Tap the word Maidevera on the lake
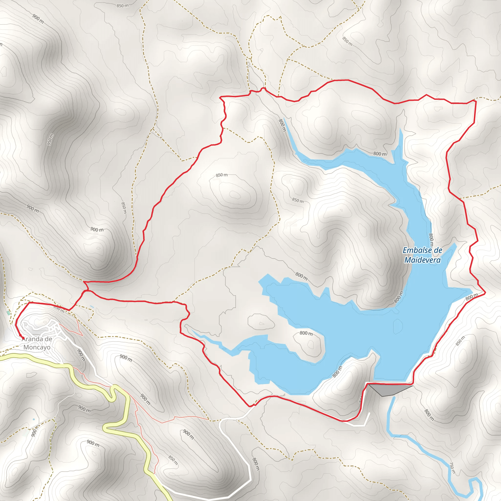(422, 260)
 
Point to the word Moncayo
(37, 347)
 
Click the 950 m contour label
(50, 139)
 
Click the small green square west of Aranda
(9, 313)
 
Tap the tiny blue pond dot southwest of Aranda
(34, 419)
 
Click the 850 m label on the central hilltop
(222, 175)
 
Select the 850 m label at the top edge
(122, 6)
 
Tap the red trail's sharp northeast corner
(476, 101)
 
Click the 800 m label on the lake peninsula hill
(306, 333)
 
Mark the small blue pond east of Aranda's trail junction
(92, 307)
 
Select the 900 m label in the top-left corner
(38, 19)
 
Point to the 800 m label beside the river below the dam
(429, 415)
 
